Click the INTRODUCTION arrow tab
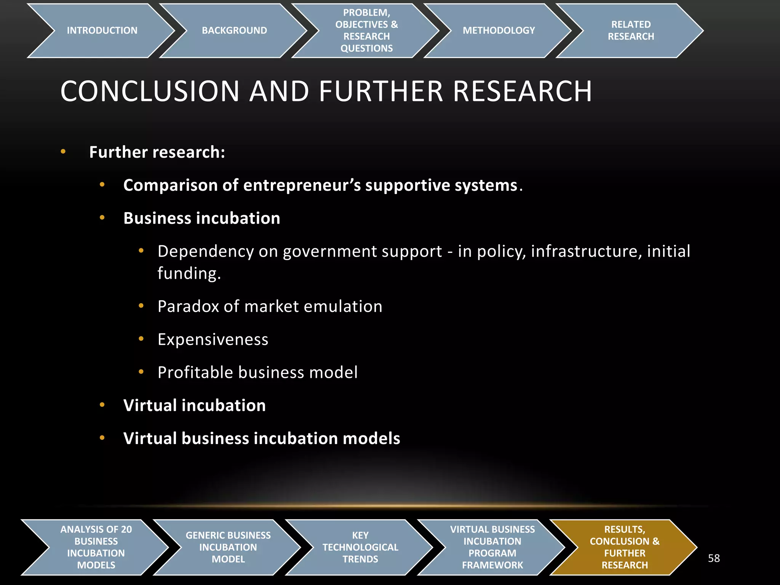click(x=102, y=30)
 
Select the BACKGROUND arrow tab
click(x=234, y=30)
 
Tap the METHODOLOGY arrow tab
click(x=499, y=30)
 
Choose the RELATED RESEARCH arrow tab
click(x=631, y=30)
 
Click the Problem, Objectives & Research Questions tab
click(x=366, y=30)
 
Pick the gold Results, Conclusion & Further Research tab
click(x=625, y=547)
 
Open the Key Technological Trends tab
click(x=360, y=547)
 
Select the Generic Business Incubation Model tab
click(x=228, y=547)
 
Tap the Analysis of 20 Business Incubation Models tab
click(x=96, y=547)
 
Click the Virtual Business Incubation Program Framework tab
click(x=492, y=547)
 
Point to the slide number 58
click(x=714, y=558)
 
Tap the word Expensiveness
click(x=213, y=339)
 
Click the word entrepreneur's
click(x=302, y=185)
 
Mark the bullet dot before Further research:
click(x=63, y=152)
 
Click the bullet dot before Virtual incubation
click(x=102, y=405)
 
